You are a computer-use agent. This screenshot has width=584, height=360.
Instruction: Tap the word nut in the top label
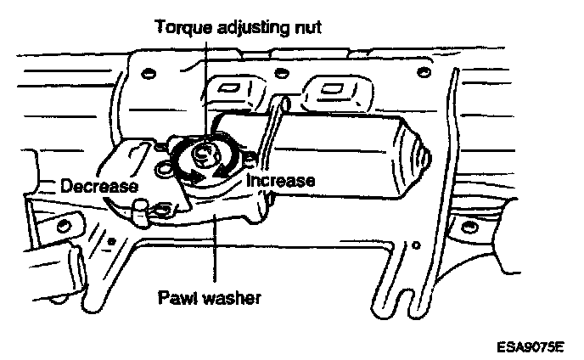(306, 27)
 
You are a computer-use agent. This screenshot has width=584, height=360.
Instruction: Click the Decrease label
(99, 185)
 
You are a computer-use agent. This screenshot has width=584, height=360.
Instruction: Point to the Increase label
(281, 180)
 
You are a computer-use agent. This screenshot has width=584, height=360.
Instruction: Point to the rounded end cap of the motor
(421, 156)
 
